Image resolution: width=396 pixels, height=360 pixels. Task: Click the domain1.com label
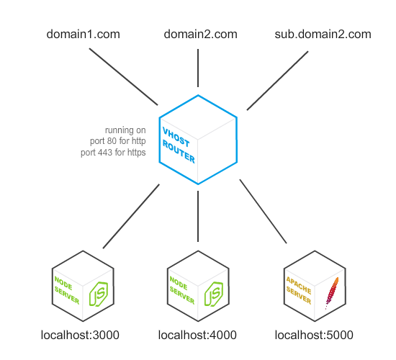click(83, 35)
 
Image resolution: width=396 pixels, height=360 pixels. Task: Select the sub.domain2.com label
click(323, 35)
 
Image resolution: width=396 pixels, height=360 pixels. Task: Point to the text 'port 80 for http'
click(115, 142)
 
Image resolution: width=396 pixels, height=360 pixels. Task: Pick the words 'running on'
click(125, 131)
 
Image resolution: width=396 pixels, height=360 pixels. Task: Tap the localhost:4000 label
click(197, 335)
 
